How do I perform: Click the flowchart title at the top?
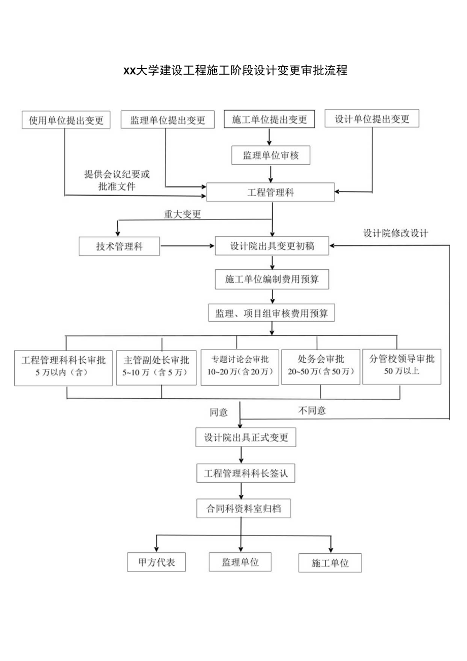(x=235, y=71)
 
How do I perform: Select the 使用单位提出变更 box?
(x=66, y=120)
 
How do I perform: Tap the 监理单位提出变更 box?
(x=168, y=120)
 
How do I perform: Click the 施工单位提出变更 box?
(x=270, y=119)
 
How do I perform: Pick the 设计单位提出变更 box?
(x=372, y=119)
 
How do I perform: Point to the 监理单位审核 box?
(x=271, y=155)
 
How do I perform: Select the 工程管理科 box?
(x=271, y=193)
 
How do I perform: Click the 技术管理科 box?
(x=119, y=246)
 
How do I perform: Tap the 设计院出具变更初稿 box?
(x=273, y=246)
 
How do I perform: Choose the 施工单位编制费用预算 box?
(x=273, y=279)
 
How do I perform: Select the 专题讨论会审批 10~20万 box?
(x=237, y=365)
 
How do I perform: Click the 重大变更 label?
(x=182, y=214)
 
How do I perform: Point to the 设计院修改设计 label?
(x=395, y=233)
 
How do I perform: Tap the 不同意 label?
(x=312, y=411)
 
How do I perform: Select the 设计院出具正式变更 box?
(x=246, y=437)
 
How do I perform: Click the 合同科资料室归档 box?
(x=244, y=508)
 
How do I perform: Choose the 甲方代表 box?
(x=156, y=563)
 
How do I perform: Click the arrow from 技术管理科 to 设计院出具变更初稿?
(x=187, y=246)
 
